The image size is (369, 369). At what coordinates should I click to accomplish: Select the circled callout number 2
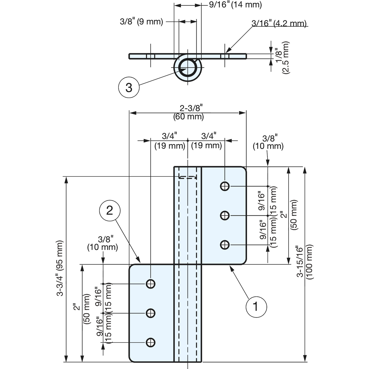pyautogui.click(x=110, y=211)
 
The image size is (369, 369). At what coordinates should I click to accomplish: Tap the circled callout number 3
pyautogui.click(x=129, y=88)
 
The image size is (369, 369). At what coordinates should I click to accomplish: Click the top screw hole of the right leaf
pyautogui.click(x=225, y=186)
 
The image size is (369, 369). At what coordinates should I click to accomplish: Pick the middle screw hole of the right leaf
pyautogui.click(x=225, y=215)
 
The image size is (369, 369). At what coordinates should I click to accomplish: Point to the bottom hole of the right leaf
pyautogui.click(x=225, y=245)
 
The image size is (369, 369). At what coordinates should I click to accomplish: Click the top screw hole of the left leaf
pyautogui.click(x=150, y=284)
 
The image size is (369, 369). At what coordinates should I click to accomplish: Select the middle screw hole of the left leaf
pyautogui.click(x=150, y=313)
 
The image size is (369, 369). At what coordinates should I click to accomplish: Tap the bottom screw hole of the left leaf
pyautogui.click(x=150, y=342)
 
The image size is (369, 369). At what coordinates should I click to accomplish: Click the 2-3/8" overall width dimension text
pyautogui.click(x=191, y=108)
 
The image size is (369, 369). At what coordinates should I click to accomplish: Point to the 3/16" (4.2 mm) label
pyautogui.click(x=279, y=23)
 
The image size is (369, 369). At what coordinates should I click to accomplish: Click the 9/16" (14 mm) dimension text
pyautogui.click(x=235, y=5)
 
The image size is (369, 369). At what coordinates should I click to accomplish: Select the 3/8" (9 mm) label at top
pyautogui.click(x=142, y=21)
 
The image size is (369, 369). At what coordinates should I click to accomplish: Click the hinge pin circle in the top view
pyautogui.click(x=188, y=67)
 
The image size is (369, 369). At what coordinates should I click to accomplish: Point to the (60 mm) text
pyautogui.click(x=189, y=117)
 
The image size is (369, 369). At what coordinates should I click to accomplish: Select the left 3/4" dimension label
pyautogui.click(x=170, y=136)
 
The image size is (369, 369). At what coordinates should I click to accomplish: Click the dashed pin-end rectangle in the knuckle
pyautogui.click(x=188, y=177)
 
